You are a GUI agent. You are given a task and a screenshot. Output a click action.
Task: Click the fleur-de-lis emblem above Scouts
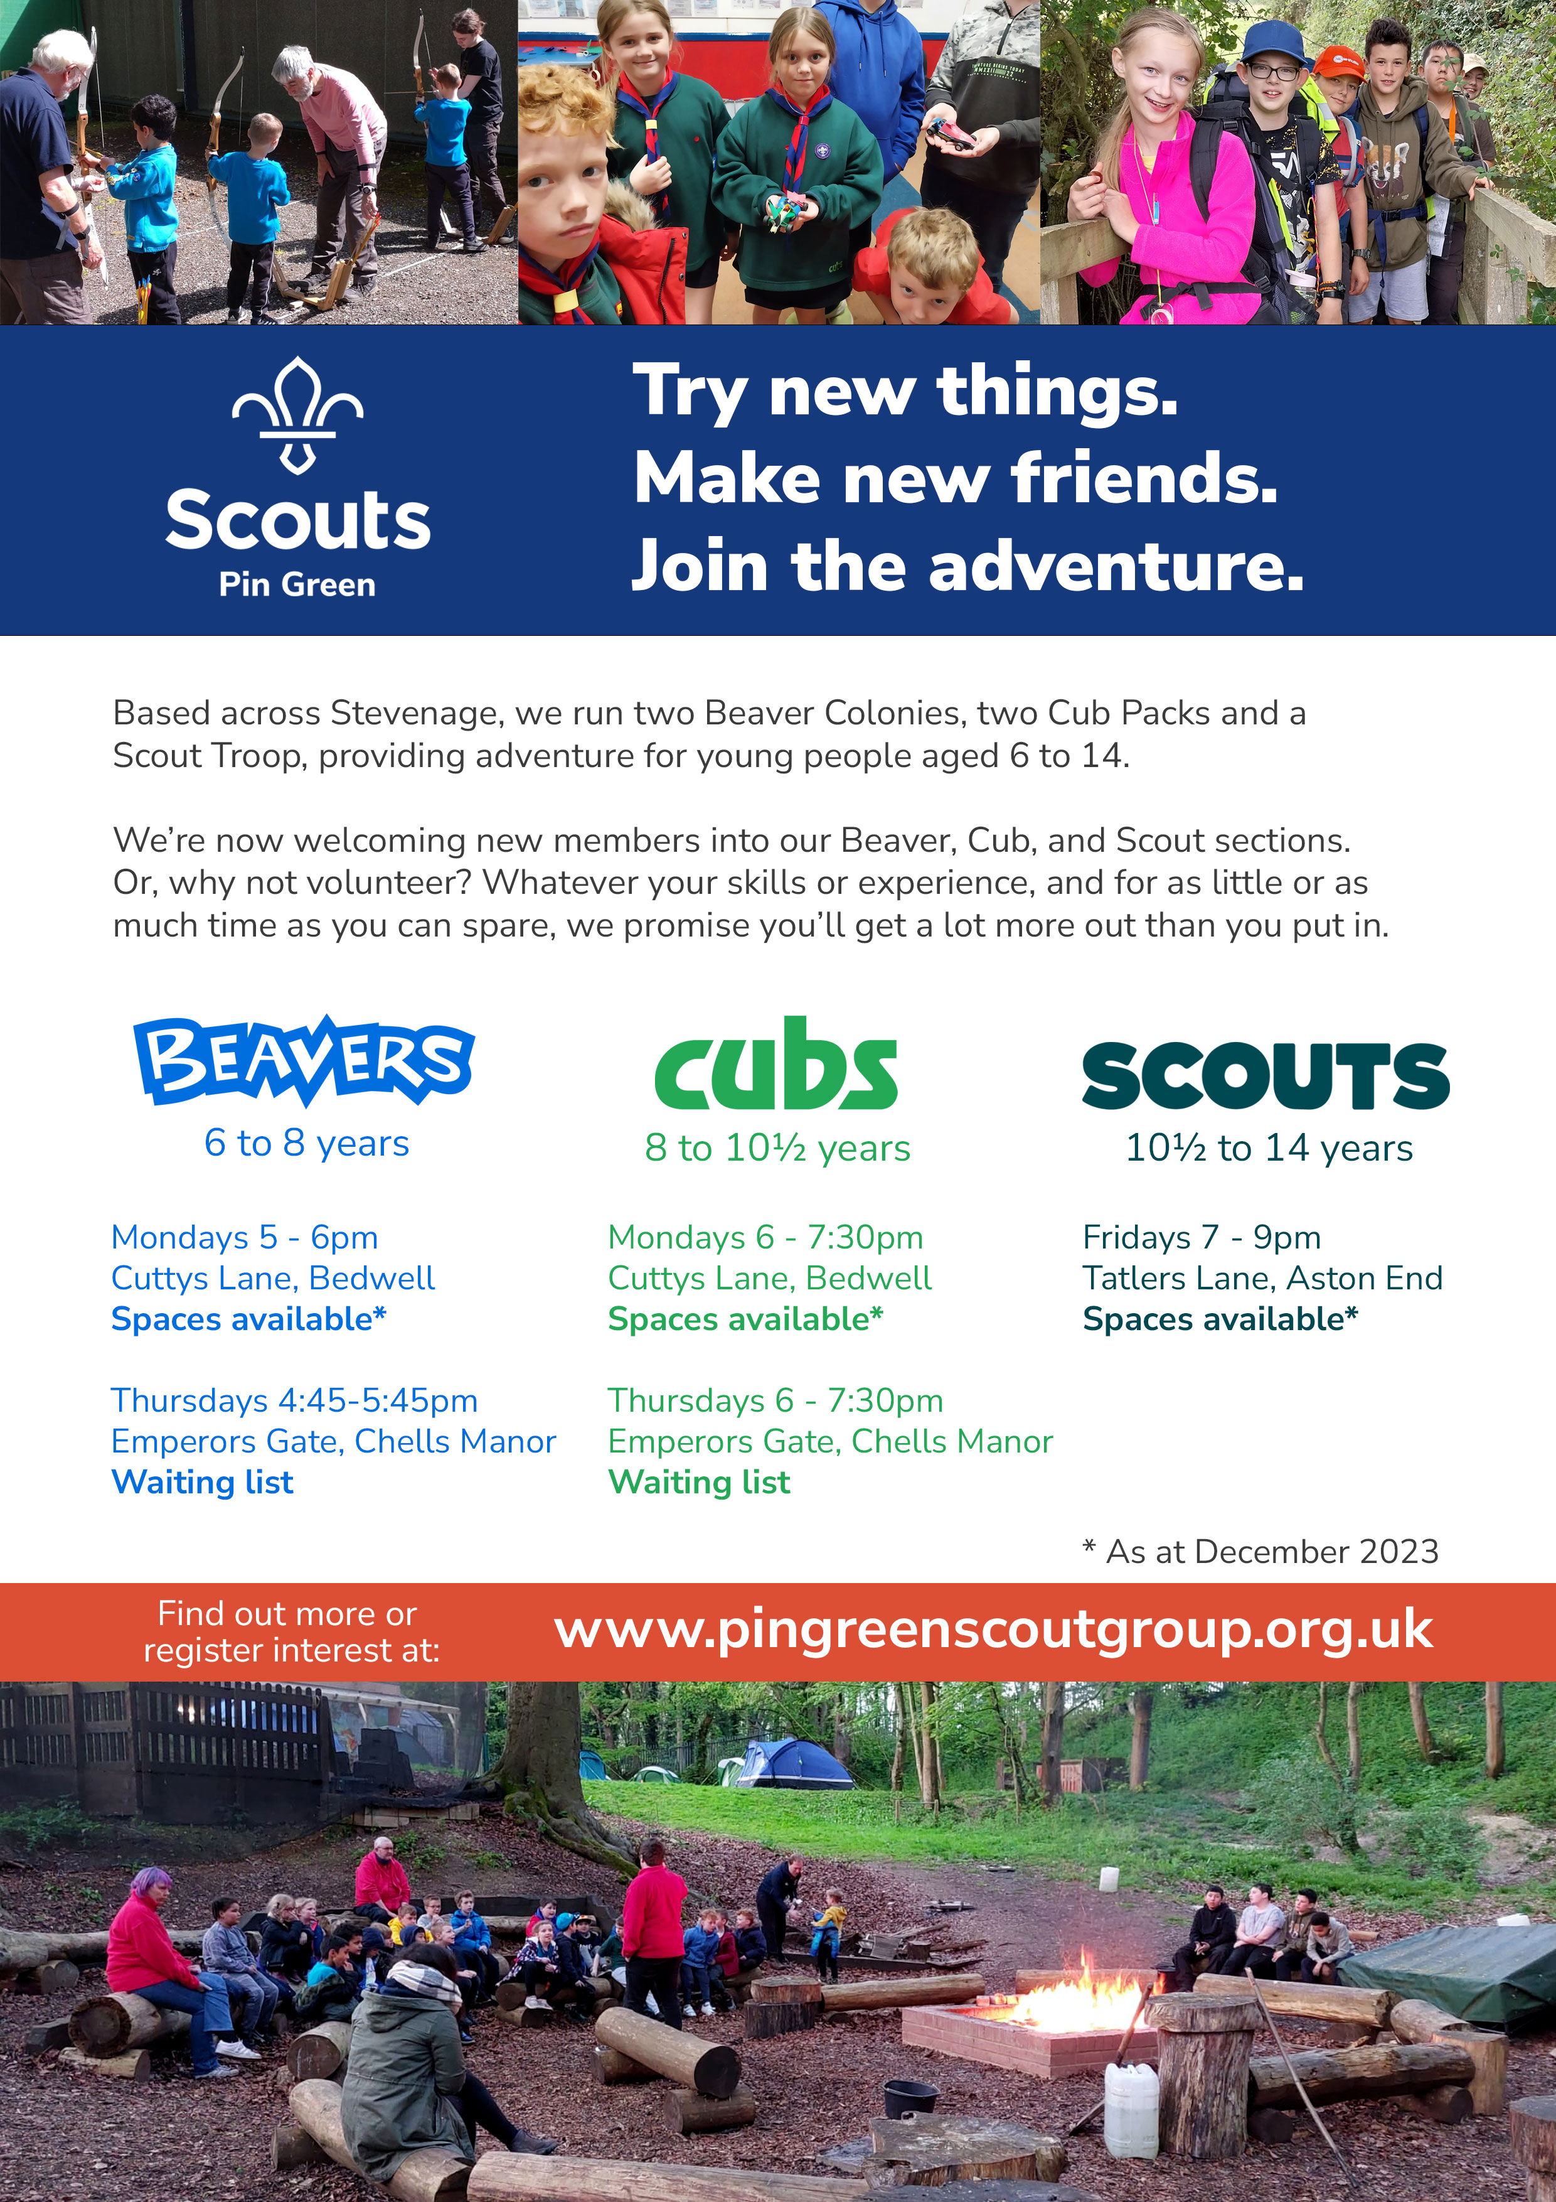(x=297, y=416)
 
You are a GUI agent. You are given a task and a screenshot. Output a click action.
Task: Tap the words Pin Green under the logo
(x=297, y=584)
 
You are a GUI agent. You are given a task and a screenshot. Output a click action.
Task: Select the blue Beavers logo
(x=304, y=1060)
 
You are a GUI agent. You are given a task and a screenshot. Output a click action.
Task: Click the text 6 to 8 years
(x=307, y=1143)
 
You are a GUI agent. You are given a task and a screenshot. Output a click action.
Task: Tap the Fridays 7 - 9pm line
(x=1202, y=1237)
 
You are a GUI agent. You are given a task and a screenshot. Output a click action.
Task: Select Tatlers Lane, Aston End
(x=1262, y=1279)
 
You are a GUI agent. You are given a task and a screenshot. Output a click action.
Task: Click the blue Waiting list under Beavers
(x=202, y=1483)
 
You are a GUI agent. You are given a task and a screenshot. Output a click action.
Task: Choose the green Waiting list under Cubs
(x=700, y=1483)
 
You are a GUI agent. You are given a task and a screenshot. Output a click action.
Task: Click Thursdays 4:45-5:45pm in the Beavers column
(x=294, y=1401)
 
